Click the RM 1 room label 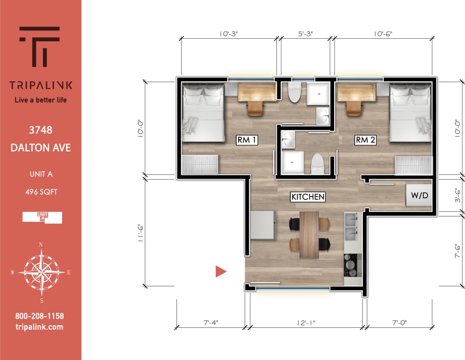point(247,140)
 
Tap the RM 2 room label point(365,140)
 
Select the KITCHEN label point(308,197)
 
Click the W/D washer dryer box point(419,196)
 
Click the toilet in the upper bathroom point(295,93)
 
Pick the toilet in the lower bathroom point(318,163)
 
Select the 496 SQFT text point(41,191)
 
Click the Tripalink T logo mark point(40,46)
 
